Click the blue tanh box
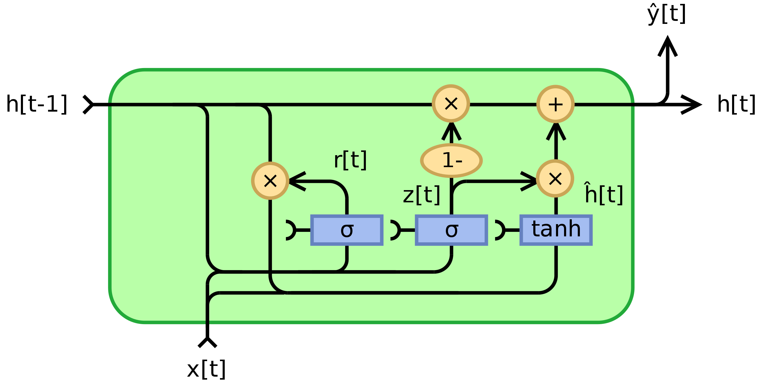[x=556, y=230]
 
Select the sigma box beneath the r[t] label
[x=347, y=230]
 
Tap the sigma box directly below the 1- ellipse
[x=451, y=230]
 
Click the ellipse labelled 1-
[x=451, y=160]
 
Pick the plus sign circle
[x=555, y=104]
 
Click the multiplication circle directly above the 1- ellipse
[x=451, y=103]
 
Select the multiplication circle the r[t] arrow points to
[x=270, y=181]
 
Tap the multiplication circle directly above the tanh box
[x=555, y=178]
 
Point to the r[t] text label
[x=350, y=160]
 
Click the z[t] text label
[x=421, y=195]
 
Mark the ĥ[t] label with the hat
[x=603, y=194]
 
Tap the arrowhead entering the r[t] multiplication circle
[x=297, y=181]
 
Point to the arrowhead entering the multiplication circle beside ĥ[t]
[x=529, y=181]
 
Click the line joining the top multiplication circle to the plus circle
[x=503, y=104]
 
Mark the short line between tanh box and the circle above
[x=556, y=206]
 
